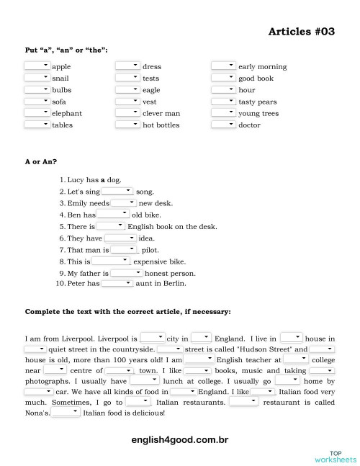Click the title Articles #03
tap(302, 32)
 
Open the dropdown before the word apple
tap(37, 66)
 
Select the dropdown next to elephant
tap(37, 113)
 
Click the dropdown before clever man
tap(127, 113)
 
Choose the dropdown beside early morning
tap(223, 66)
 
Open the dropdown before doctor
tap(223, 125)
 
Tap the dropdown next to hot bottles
tap(127, 125)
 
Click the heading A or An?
tap(41, 162)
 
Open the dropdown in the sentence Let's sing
tap(117, 192)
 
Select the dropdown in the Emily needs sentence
tap(123, 203)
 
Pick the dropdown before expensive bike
tap(115, 261)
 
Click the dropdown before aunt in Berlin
tap(117, 284)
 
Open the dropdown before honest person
tap(126, 273)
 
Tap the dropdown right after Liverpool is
tap(152, 337)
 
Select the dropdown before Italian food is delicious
tap(66, 413)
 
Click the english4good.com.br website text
tap(180, 439)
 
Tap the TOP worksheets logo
tap(335, 455)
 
